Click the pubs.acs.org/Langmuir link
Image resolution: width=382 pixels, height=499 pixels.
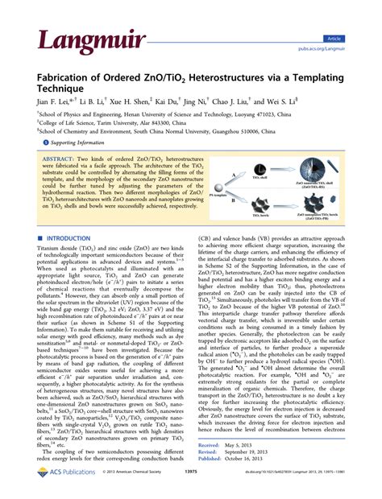[x=347, y=48]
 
